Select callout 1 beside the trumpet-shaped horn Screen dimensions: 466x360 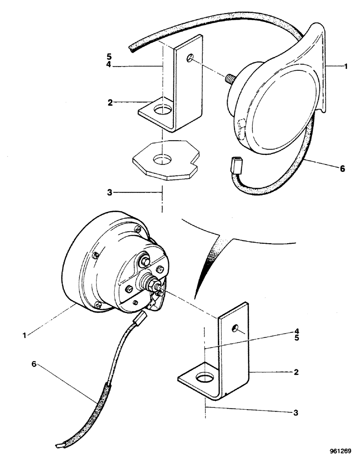tap(346, 67)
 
